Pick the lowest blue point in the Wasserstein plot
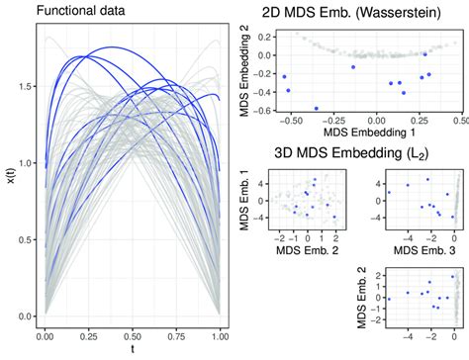tap(317, 109)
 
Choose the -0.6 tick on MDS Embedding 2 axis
tap(266, 110)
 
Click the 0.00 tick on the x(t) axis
tap(23, 316)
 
